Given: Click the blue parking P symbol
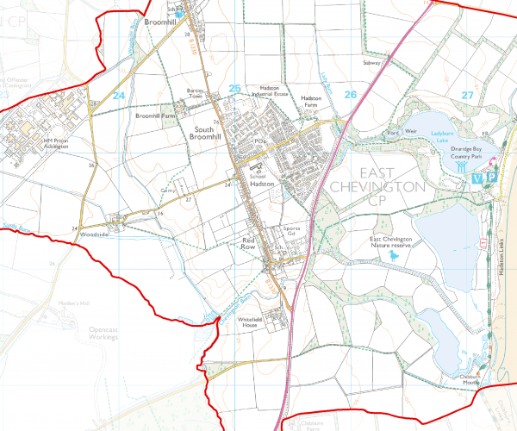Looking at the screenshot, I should click(x=492, y=177).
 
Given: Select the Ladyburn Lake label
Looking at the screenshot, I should click(x=447, y=136).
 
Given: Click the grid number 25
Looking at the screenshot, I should click(x=235, y=89).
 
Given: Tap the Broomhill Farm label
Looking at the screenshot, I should click(x=155, y=114).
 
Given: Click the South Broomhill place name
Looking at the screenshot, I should click(x=203, y=132).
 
